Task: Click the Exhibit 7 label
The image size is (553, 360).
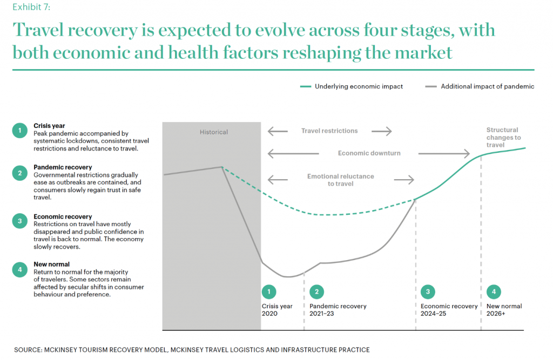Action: coord(31,7)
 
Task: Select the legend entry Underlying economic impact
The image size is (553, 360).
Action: coord(351,86)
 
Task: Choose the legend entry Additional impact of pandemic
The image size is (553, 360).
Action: coord(480,86)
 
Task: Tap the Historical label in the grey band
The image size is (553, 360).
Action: coord(214,132)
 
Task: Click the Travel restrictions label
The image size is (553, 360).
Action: coord(329,131)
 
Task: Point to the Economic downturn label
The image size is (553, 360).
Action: coord(369,153)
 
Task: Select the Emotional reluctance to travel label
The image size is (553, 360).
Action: coord(340,180)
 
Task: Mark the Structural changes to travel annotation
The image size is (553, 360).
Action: coord(504,138)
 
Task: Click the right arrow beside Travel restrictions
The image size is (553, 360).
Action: coord(382,131)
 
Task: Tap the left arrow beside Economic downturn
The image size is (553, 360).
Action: coord(293,153)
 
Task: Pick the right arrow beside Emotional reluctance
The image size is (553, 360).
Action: coord(404,180)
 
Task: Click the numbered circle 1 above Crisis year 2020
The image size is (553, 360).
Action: coord(269,291)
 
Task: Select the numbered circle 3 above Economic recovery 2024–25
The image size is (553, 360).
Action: coord(428,291)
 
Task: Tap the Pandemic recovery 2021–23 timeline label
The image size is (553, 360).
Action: coord(338,310)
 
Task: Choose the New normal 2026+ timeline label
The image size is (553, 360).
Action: coord(504,310)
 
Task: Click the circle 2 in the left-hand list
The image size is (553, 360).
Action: coord(20,173)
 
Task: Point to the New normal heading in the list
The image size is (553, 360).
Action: coord(51,264)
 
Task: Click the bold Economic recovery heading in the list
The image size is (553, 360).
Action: coord(63,216)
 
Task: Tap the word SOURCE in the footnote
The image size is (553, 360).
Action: coord(28,350)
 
